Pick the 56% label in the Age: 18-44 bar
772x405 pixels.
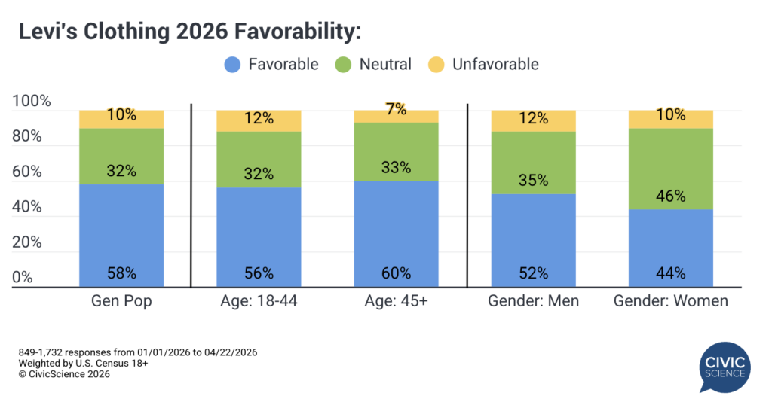[259, 273]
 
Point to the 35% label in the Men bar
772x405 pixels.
[533, 181]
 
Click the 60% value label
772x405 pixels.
[396, 273]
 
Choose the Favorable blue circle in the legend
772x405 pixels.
[233, 64]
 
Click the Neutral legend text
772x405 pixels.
[385, 64]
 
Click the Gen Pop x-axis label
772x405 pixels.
[121, 301]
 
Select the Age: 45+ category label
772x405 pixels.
[396, 301]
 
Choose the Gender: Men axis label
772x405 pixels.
[533, 301]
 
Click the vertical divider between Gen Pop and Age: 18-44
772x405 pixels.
[191, 196]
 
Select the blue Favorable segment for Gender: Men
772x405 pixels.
[533, 241]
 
